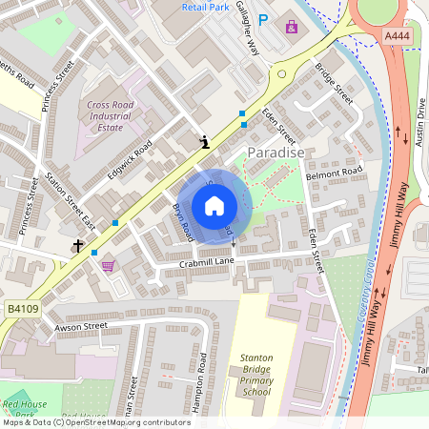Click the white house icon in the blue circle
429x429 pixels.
[214, 206]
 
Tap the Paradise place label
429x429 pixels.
[276, 153]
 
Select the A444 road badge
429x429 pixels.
[397, 35]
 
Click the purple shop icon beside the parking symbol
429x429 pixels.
[291, 26]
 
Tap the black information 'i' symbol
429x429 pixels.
[204, 142]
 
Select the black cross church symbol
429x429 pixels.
[77, 246]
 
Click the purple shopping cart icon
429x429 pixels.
[108, 266]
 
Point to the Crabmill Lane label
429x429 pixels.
[207, 262]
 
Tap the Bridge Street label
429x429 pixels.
[334, 85]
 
